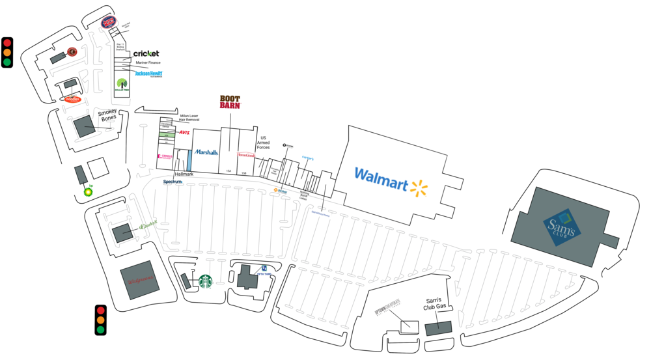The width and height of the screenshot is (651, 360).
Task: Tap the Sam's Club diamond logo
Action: coord(562,227)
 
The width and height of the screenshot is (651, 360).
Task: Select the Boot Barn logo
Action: coord(230,102)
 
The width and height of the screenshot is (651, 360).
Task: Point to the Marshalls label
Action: coord(206,152)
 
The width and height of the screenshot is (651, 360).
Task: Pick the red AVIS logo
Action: coord(184,133)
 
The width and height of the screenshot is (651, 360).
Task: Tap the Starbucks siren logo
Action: coord(206,281)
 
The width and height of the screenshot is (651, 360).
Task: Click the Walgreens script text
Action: coord(140,281)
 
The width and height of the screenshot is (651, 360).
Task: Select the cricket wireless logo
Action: coord(146,53)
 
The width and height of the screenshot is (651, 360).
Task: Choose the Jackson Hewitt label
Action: coord(148,74)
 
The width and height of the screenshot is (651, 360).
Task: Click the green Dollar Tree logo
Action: coord(122,84)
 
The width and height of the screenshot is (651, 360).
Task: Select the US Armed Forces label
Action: coord(263,143)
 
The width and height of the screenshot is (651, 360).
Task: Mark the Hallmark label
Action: coord(184,174)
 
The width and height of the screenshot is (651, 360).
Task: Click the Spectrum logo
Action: coord(173,182)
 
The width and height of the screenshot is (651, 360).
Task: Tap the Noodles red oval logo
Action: coord(72,99)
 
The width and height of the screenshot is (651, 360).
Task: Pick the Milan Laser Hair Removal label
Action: coord(189,118)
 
